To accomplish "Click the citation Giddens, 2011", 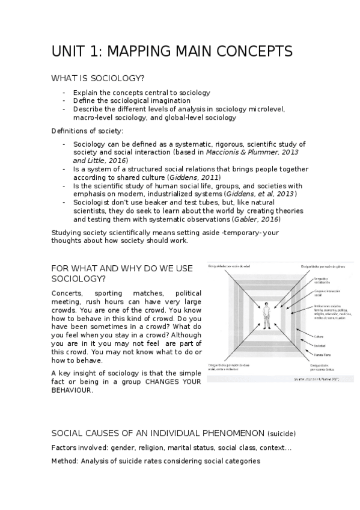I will (x=203, y=177).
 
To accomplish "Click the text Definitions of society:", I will (x=87, y=131).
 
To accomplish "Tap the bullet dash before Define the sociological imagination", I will (x=64, y=101).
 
